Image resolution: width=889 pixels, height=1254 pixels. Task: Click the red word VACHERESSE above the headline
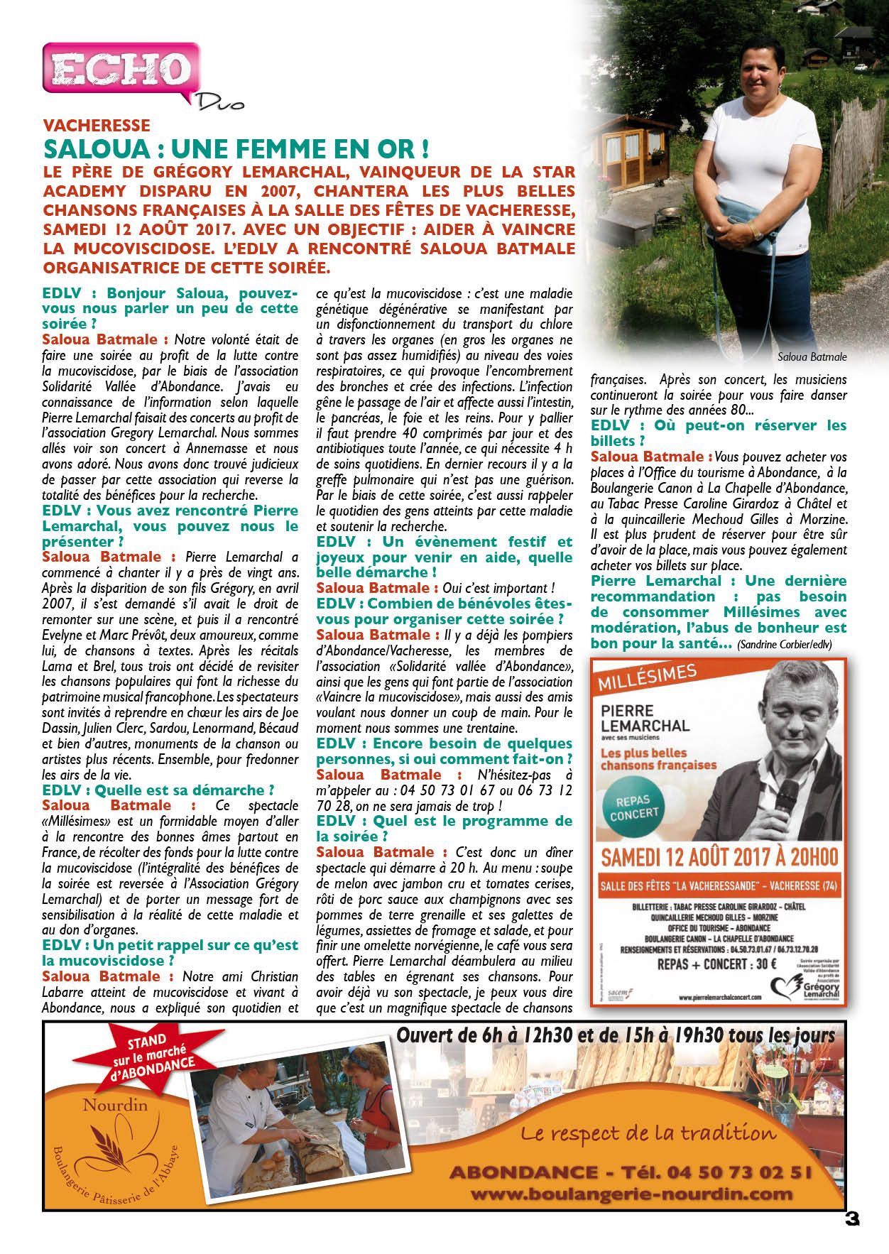click(97, 126)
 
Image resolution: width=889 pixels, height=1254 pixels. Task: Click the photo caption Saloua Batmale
click(812, 357)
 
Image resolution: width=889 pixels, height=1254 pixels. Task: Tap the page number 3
click(851, 1218)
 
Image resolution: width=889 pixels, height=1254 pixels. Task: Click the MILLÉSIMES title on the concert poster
click(646, 677)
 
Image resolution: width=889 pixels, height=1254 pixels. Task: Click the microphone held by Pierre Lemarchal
click(787, 795)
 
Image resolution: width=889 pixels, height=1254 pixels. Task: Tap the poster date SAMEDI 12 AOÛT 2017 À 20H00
click(719, 857)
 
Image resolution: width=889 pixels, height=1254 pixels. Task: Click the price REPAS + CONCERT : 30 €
click(716, 964)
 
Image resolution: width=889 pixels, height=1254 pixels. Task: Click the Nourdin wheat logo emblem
click(114, 1144)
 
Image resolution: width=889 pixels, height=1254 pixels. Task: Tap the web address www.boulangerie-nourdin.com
click(631, 1194)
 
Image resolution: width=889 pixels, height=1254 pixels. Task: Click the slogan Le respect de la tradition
click(648, 1134)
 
